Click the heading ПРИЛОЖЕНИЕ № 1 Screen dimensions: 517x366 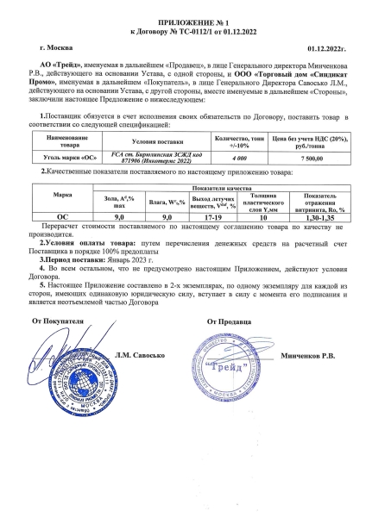coord(184,20)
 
